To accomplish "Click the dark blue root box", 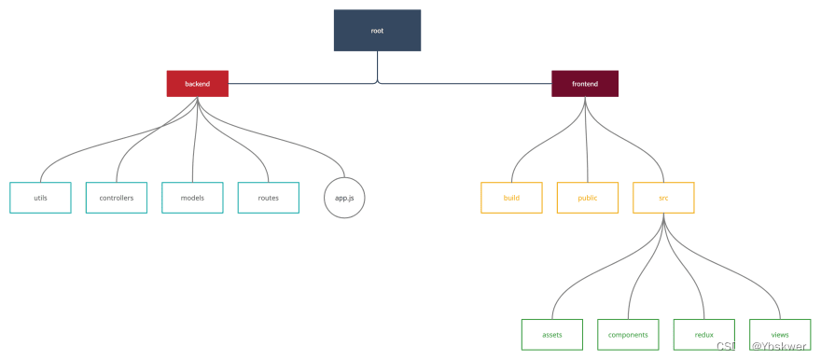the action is (377, 31).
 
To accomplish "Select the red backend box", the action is (198, 84).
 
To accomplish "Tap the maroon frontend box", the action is (585, 84).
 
